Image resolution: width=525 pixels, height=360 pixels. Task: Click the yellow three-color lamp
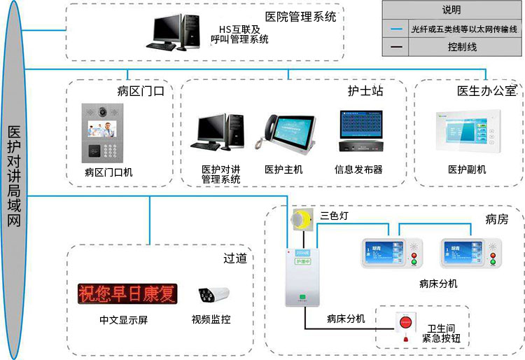pos(302,219)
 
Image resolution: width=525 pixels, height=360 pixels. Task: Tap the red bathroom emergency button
pos(405,324)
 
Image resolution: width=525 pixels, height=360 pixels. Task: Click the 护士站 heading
pos(365,90)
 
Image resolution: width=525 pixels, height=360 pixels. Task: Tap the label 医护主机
pos(283,169)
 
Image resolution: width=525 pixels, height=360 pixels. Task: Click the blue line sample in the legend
pos(397,29)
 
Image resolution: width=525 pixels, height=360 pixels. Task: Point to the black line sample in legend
pos(397,48)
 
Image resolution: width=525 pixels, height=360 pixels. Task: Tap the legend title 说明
pos(451,11)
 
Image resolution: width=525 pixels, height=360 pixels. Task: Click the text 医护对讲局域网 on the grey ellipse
pos(14,175)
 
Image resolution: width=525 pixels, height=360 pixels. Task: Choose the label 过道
pos(234,258)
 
